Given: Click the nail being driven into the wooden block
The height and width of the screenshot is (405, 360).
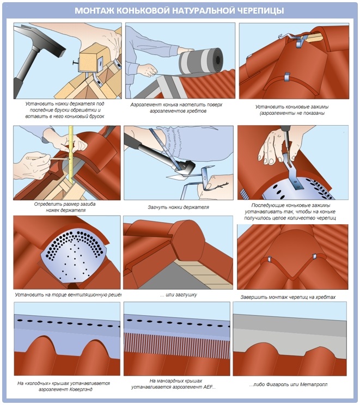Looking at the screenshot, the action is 75,63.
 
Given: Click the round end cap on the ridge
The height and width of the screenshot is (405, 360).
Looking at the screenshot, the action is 186,241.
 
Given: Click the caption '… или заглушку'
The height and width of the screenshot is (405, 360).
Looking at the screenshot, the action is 178,294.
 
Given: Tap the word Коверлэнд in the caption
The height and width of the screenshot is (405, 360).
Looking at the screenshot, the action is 80,389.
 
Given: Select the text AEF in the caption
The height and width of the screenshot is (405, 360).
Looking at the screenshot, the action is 208,387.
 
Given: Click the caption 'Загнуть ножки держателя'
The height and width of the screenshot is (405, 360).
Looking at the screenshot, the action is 178,207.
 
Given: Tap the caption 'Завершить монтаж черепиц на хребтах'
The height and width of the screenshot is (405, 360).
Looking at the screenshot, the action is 288,297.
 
